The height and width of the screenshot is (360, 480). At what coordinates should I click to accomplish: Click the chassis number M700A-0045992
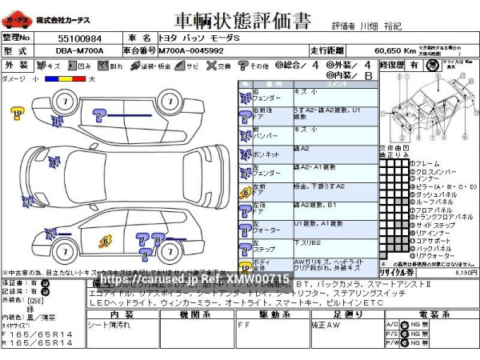[192, 50]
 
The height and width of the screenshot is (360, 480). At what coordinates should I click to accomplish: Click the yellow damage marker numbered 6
[106, 240]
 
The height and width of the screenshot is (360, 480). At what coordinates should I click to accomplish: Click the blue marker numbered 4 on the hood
[55, 164]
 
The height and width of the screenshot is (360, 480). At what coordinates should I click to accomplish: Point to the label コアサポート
[432, 239]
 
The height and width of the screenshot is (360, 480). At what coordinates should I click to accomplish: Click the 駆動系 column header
[264, 315]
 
